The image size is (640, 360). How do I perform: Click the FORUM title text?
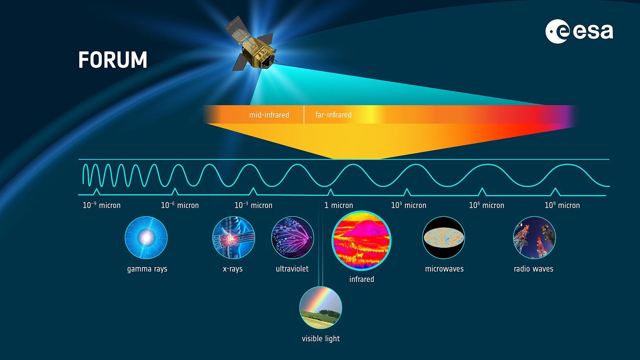click(x=112, y=60)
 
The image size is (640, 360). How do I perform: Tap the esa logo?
click(x=579, y=31)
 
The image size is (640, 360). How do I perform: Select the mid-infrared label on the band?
click(x=269, y=115)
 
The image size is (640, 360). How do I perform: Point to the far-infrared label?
click(x=334, y=115)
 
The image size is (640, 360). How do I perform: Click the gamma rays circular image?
click(x=146, y=237)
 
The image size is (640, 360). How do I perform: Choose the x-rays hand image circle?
click(x=234, y=237)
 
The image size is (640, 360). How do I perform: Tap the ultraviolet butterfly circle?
click(x=293, y=237)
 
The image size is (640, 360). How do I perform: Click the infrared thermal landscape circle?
click(x=361, y=241)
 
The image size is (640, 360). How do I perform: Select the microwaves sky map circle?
click(x=444, y=237)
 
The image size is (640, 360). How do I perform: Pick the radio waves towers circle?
click(x=534, y=237)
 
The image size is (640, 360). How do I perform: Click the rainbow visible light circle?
click(x=321, y=307)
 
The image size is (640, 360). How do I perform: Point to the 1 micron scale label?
click(x=338, y=205)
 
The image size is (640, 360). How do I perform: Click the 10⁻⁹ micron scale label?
click(x=102, y=205)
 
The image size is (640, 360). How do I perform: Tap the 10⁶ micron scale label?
click(x=486, y=205)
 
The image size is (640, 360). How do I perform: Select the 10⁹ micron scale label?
click(x=562, y=205)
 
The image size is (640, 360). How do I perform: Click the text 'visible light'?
click(x=321, y=339)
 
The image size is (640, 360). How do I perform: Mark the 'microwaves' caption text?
click(x=444, y=269)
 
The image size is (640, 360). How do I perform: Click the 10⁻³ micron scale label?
click(x=254, y=205)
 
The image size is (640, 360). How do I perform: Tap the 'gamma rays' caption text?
click(x=147, y=269)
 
